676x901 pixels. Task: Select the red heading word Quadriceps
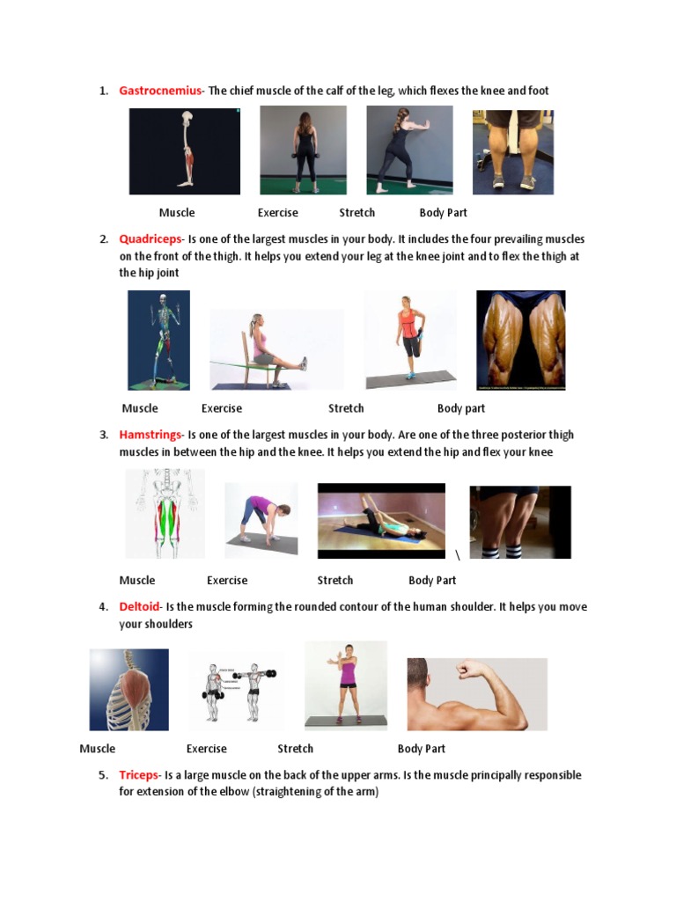151,239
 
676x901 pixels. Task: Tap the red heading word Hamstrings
151,435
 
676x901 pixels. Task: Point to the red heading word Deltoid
140,607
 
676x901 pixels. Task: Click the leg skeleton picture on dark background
185,150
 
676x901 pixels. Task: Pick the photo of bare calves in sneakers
513,151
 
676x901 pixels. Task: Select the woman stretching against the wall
409,150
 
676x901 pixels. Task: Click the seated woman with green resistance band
276,349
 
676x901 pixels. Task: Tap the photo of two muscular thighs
521,341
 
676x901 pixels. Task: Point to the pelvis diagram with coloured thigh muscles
165,514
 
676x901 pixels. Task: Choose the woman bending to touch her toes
261,520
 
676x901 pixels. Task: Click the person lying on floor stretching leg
381,521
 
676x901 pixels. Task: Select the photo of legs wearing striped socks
520,522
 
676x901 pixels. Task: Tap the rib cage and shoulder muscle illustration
129,690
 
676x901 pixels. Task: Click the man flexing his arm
476,694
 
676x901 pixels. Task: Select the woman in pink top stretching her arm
346,685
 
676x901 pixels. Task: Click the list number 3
104,435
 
